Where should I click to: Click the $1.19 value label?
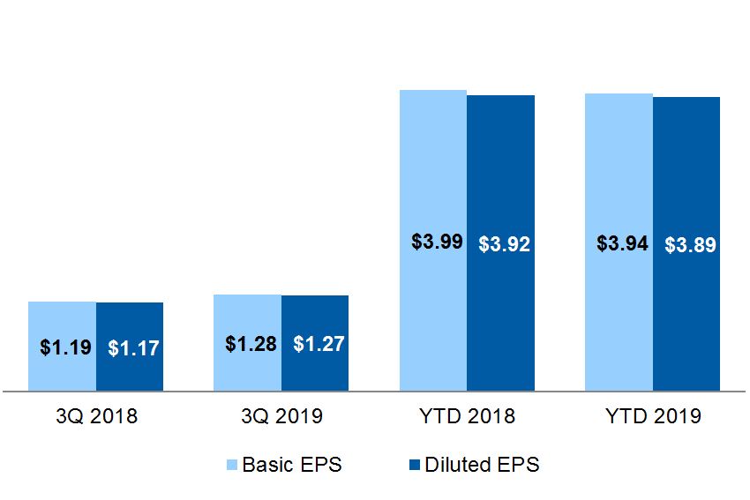[x=65, y=347]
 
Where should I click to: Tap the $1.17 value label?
[x=133, y=348]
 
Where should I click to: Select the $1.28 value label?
[x=251, y=344]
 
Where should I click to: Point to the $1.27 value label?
[x=319, y=345]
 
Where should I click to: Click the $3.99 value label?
[x=437, y=242]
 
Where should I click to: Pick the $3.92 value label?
[x=504, y=244]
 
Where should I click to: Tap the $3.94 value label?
[x=622, y=243]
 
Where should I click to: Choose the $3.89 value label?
[x=690, y=245]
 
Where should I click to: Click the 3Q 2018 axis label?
[x=96, y=416]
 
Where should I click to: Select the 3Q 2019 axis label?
[x=281, y=416]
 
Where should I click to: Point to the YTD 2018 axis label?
[x=468, y=416]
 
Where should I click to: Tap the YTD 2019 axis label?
[x=653, y=416]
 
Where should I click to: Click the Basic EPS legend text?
[x=291, y=465]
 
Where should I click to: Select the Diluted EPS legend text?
[x=481, y=465]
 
